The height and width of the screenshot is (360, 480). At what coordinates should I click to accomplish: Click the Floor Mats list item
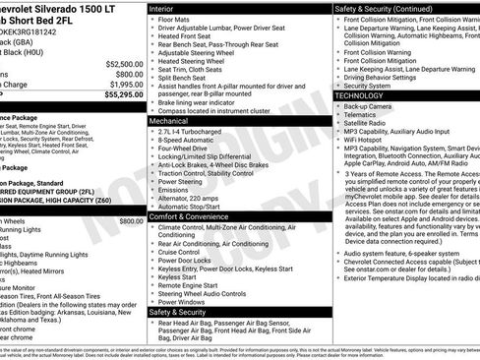[x=175, y=18]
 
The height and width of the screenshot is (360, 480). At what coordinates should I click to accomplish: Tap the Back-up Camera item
[x=372, y=104]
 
